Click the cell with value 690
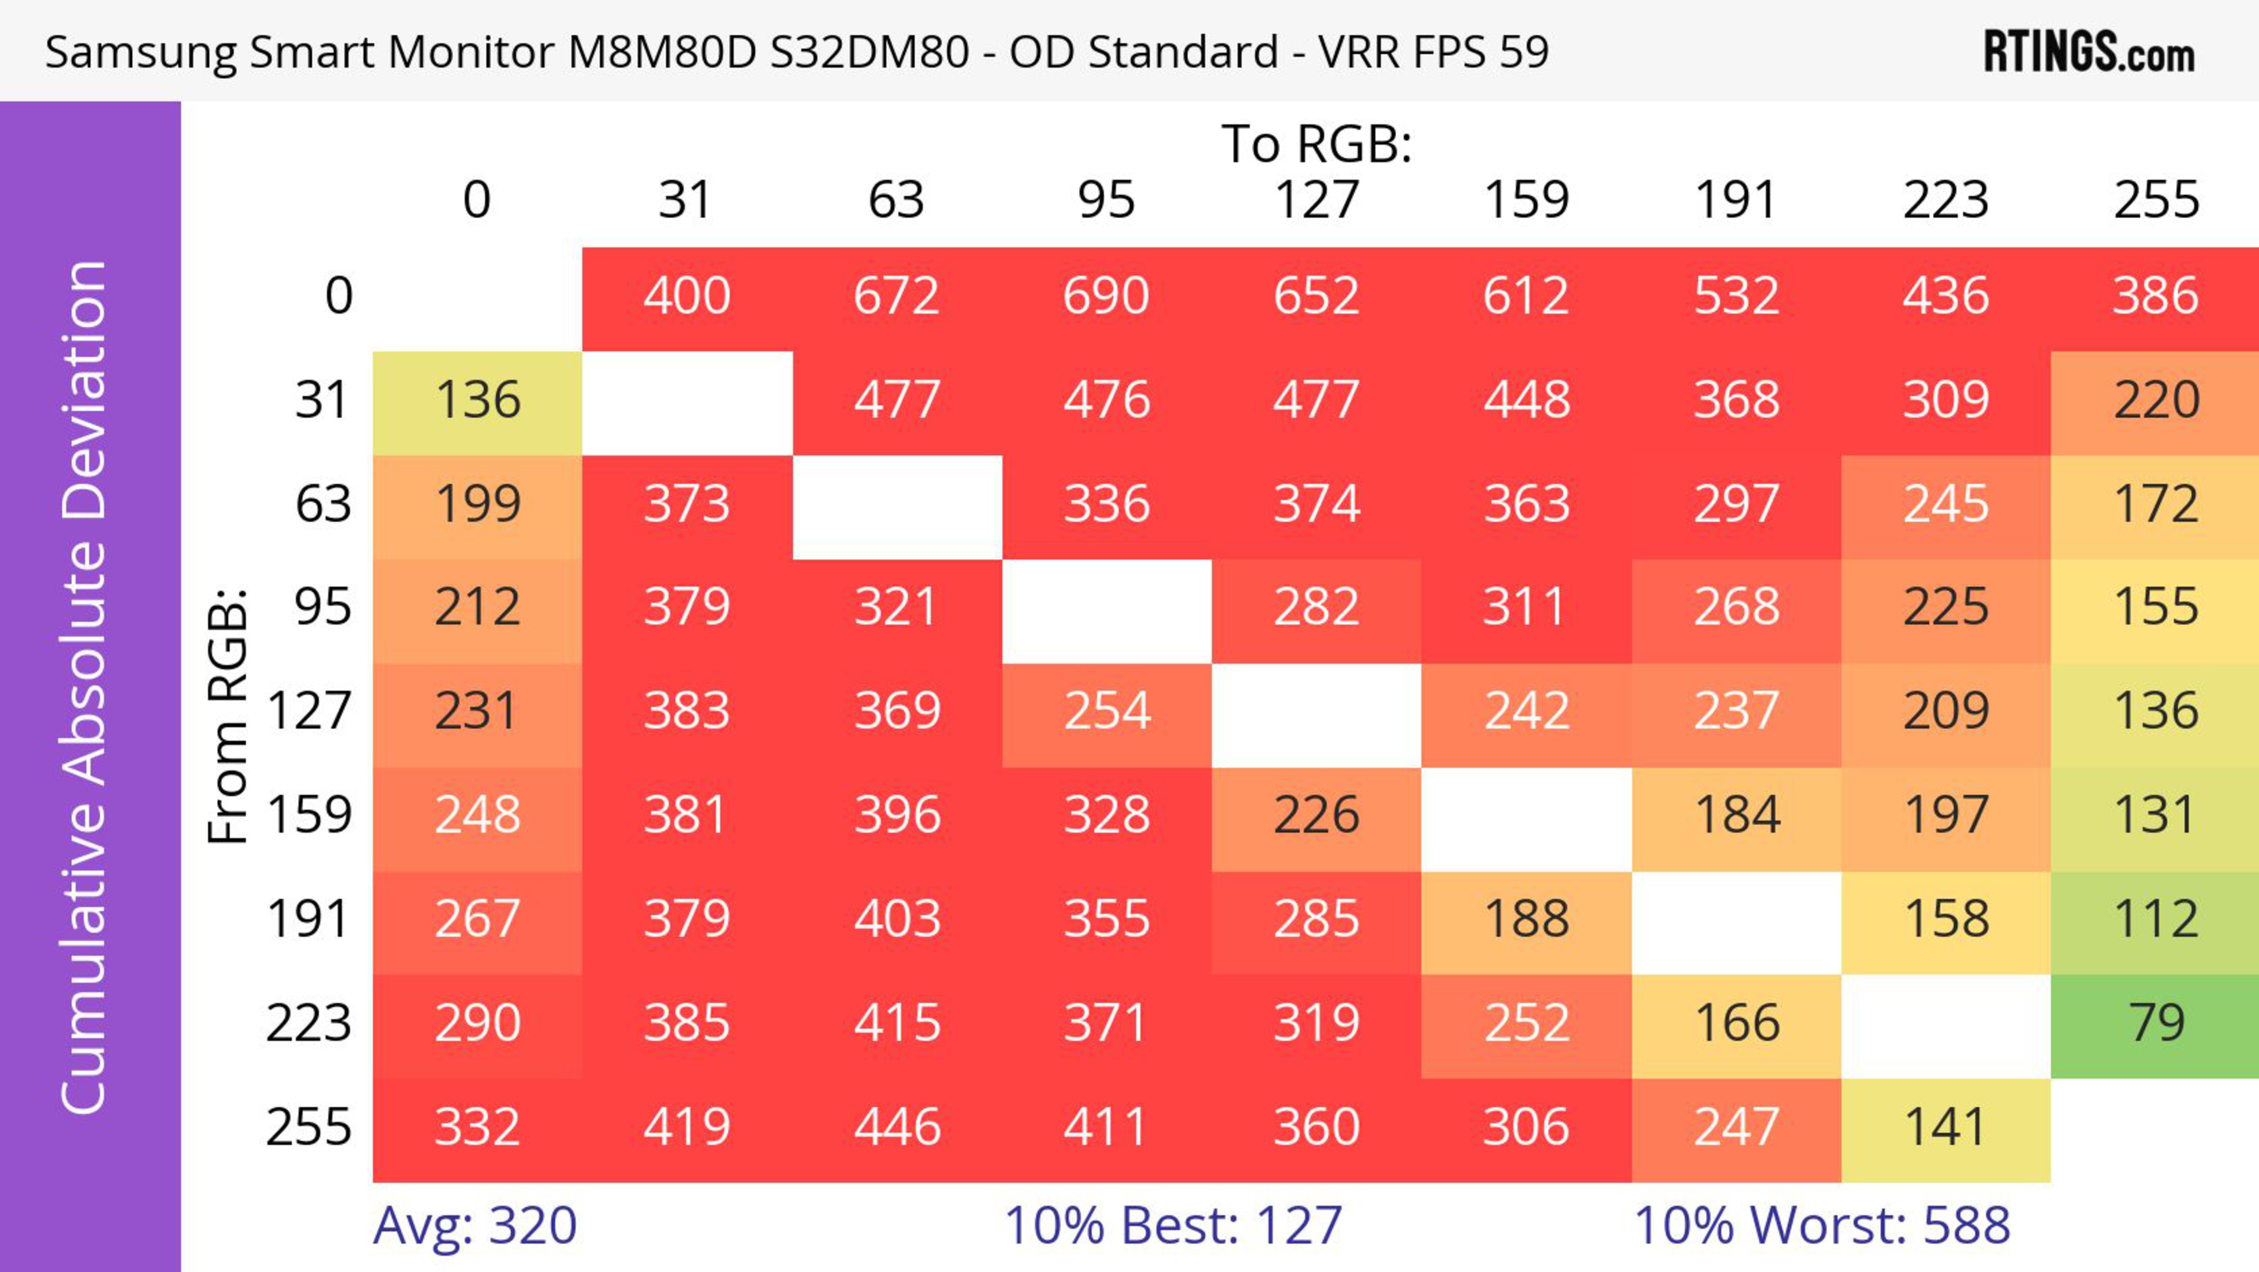point(1106,295)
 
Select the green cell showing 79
point(2155,1024)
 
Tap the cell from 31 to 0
point(478,401)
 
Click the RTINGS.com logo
point(2089,52)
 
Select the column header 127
point(1317,200)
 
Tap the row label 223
point(309,1024)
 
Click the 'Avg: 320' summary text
point(474,1225)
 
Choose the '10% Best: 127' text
point(1172,1225)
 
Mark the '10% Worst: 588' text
point(1821,1225)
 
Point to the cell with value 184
point(1737,816)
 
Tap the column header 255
point(2155,200)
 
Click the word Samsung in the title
point(141,52)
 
